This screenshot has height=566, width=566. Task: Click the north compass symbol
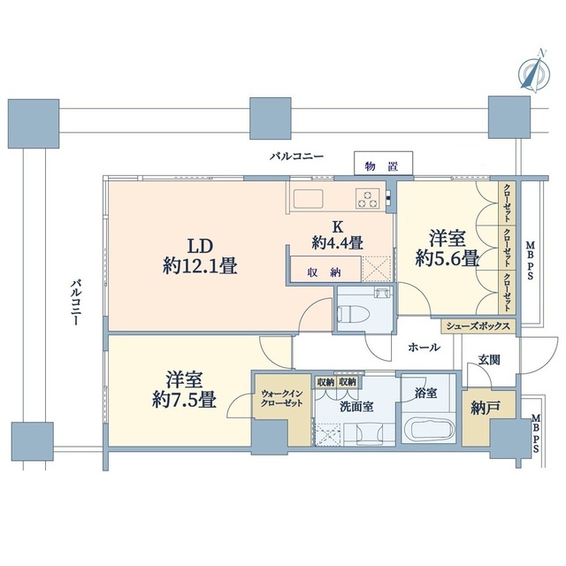pyautogui.click(x=534, y=73)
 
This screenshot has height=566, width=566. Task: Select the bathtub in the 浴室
pyautogui.click(x=428, y=431)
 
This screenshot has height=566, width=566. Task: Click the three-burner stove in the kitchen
pyautogui.click(x=368, y=198)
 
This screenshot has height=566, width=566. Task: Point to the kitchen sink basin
pyautogui.click(x=309, y=199)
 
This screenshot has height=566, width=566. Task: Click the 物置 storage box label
pyautogui.click(x=382, y=167)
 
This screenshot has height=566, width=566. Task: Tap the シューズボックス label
pyautogui.click(x=478, y=326)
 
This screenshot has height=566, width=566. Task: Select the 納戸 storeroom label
pyautogui.click(x=486, y=407)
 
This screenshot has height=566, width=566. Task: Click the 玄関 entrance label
pyautogui.click(x=489, y=360)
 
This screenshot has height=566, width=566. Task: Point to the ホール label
pyautogui.click(x=424, y=348)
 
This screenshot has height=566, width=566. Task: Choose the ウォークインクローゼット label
pyautogui.click(x=282, y=398)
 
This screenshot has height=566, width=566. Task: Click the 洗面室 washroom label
pyautogui.click(x=356, y=407)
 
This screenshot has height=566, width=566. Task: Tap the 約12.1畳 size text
pyautogui.click(x=200, y=267)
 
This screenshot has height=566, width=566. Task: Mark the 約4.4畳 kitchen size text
pyautogui.click(x=337, y=242)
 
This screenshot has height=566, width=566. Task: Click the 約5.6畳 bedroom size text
pyautogui.click(x=447, y=258)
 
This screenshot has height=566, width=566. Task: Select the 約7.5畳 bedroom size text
pyautogui.click(x=184, y=400)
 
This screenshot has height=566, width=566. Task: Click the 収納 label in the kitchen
pyautogui.click(x=325, y=272)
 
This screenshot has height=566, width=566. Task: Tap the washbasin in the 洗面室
pyautogui.click(x=370, y=433)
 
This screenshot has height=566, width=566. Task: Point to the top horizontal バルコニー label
pyautogui.click(x=297, y=157)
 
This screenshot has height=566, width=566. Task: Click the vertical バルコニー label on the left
pyautogui.click(x=74, y=302)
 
